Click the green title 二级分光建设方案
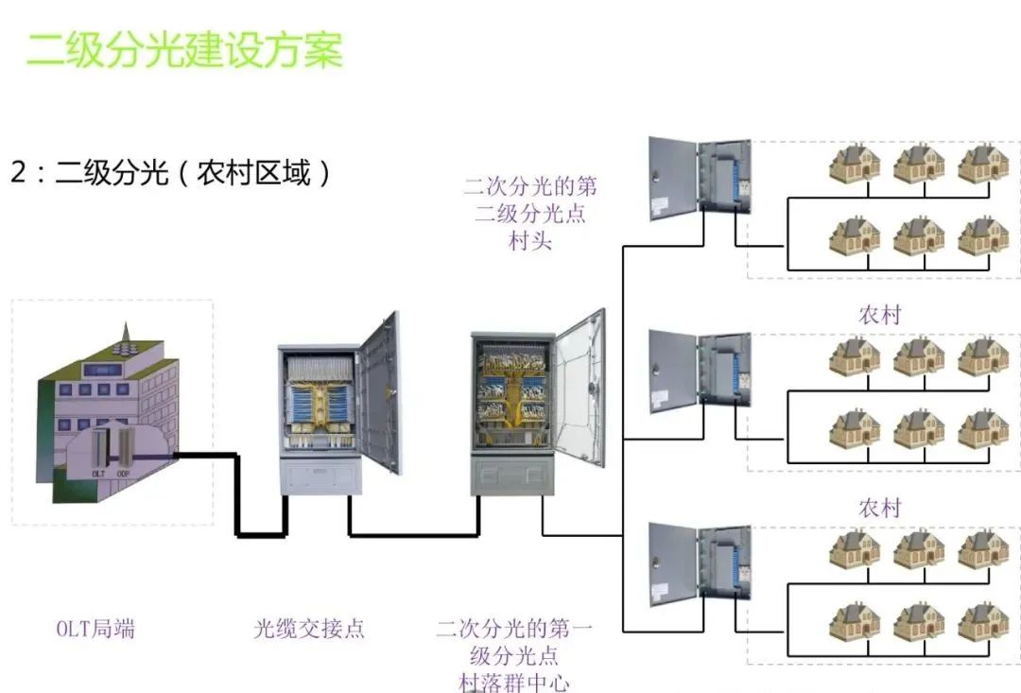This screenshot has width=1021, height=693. pos(184,50)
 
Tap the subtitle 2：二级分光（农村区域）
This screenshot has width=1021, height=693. pos(171,173)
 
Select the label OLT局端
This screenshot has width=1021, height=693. pos(95,629)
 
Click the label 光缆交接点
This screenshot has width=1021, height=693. pos(308,629)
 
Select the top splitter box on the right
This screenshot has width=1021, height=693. pos(700,180)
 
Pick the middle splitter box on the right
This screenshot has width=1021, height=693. pos(700,371)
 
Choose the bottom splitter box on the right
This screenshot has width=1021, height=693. pos(700,564)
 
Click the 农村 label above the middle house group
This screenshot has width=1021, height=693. pos(879,315)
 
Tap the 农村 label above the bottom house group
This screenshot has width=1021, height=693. pos(879,508)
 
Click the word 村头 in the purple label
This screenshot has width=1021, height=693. pos(529,240)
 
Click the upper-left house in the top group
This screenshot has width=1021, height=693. pos(854,164)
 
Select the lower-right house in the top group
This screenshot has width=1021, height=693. pos(983,235)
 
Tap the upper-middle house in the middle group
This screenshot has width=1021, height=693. pos(919,356)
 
